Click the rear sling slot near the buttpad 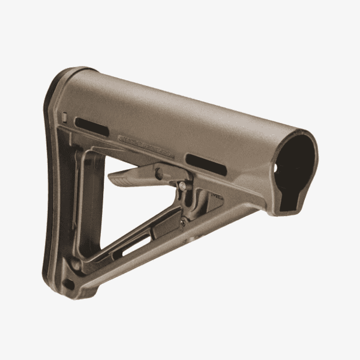(x=92, y=127)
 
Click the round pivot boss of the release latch (x=160, y=175)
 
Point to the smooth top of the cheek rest (x=180, y=108)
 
